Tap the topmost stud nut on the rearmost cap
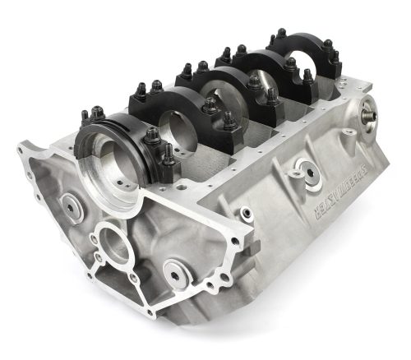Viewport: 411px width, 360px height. click(x=280, y=34)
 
